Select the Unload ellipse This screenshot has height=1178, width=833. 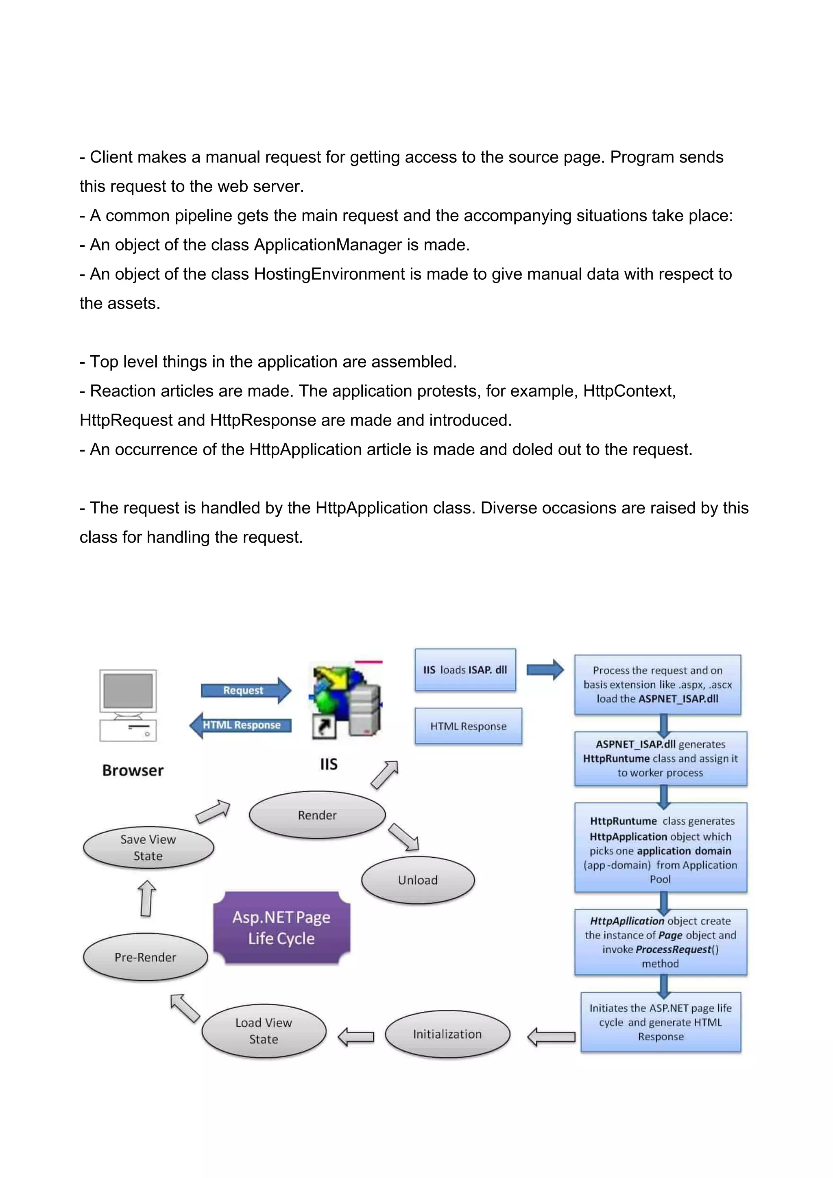pyautogui.click(x=418, y=880)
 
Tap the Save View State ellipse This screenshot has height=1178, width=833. pyautogui.click(x=148, y=848)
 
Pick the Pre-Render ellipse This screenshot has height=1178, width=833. pyautogui.click(x=145, y=957)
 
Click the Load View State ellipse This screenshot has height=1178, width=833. pyautogui.click(x=264, y=1031)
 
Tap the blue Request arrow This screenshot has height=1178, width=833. pyautogui.click(x=245, y=691)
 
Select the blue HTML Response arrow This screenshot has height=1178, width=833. pyautogui.click(x=240, y=725)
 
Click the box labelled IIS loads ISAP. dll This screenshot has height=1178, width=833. pyautogui.click(x=465, y=670)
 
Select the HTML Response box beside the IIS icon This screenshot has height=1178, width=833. pyautogui.click(x=468, y=726)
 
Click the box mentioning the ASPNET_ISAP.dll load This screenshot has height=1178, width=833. pyautogui.click(x=657, y=685)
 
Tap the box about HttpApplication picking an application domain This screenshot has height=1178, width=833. pyautogui.click(x=661, y=850)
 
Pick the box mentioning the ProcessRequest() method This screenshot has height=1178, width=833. pyautogui.click(x=661, y=942)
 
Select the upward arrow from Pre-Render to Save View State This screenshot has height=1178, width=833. pyautogui.click(x=147, y=898)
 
